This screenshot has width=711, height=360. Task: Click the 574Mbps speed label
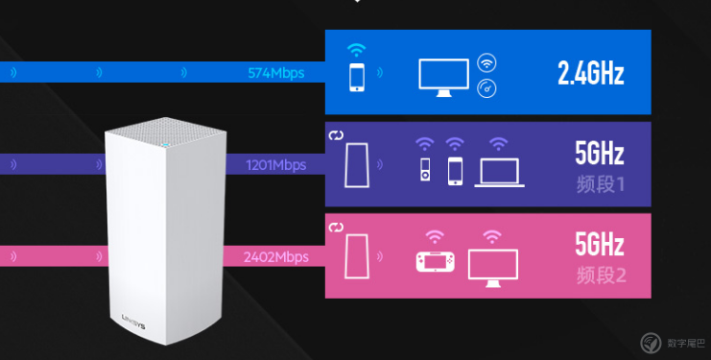[x=275, y=73]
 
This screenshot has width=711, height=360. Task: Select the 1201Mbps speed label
[x=275, y=165]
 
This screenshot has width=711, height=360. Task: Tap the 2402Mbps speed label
[x=275, y=257]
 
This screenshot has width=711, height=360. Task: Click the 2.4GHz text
[x=590, y=73]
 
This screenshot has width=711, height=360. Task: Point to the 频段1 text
[x=601, y=184]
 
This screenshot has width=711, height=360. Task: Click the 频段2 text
[x=601, y=276]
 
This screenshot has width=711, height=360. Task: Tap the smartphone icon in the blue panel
[x=357, y=77]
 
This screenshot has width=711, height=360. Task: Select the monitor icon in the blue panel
[x=443, y=78]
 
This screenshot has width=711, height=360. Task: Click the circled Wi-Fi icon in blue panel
[x=486, y=63]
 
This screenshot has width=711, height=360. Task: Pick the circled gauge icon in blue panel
[x=486, y=88]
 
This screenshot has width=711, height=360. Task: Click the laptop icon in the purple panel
[x=499, y=173]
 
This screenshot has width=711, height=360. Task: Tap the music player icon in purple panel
[x=425, y=170]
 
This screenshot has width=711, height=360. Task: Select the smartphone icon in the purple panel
[x=455, y=171]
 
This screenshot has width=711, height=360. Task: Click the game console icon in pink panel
[x=436, y=262]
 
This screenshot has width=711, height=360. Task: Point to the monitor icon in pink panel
[x=493, y=268]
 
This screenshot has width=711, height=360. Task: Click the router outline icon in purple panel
[x=357, y=165]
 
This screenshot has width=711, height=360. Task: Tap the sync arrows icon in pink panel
[x=336, y=228]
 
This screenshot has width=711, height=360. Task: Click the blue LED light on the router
[x=165, y=146]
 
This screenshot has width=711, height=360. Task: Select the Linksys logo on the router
[x=133, y=322]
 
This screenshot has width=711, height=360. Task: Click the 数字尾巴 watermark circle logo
[x=651, y=343]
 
